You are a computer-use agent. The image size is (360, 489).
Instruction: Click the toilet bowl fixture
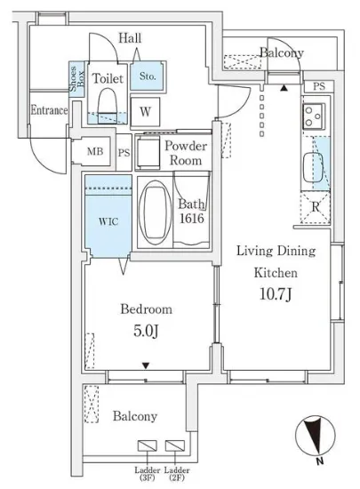click(x=108, y=106)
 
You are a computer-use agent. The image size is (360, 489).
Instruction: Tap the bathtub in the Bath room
click(x=155, y=212)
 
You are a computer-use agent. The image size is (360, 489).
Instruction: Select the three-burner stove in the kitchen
click(x=313, y=116)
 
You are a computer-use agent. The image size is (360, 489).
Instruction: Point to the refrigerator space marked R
click(x=316, y=207)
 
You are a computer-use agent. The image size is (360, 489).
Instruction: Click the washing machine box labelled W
click(x=145, y=112)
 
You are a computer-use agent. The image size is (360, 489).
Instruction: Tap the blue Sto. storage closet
click(x=147, y=76)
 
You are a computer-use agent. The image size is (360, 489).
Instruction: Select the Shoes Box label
click(x=76, y=79)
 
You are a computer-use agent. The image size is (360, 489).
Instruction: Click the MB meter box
click(x=95, y=151)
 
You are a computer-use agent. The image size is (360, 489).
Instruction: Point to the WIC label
click(x=108, y=221)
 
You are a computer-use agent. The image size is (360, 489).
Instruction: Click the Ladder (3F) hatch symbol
click(x=148, y=445)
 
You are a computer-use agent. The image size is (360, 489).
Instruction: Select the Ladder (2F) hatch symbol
click(x=175, y=445)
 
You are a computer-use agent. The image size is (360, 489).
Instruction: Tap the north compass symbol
click(x=316, y=436)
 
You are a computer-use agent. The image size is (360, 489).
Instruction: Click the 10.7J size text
click(x=276, y=293)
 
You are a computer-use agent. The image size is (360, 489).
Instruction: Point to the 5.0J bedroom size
click(x=146, y=331)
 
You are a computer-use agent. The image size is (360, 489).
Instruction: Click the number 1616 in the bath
click(x=192, y=219)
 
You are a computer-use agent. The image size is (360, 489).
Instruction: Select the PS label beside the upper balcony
click(x=319, y=86)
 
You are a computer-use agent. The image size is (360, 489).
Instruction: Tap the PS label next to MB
click(x=124, y=153)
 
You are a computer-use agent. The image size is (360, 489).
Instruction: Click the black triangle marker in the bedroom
click(x=146, y=365)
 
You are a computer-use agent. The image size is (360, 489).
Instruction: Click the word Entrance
click(x=49, y=110)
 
